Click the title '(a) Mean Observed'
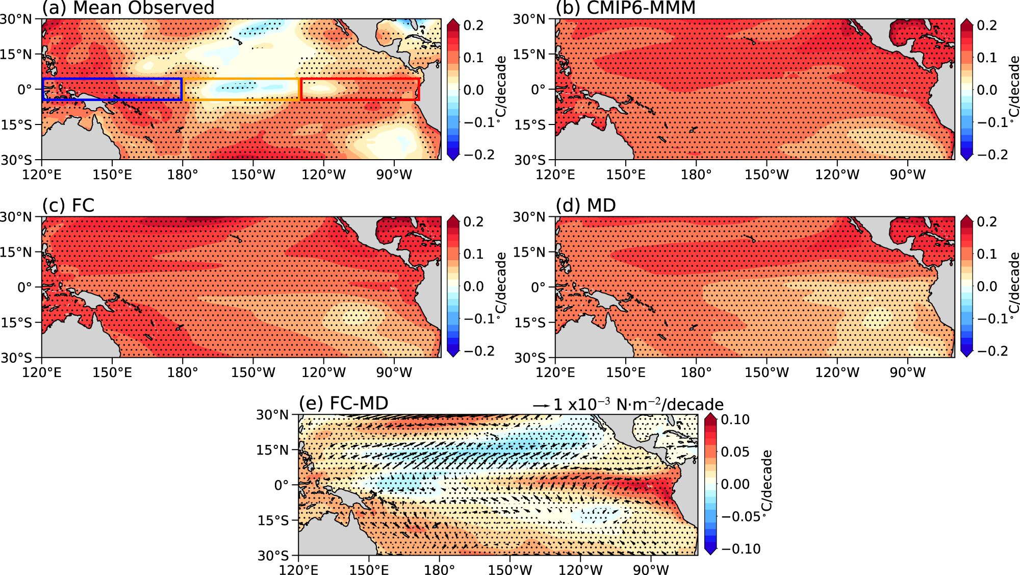(128, 8)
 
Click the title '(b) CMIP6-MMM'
(626, 8)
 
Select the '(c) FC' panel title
(68, 205)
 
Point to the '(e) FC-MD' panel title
(344, 403)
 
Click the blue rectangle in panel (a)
(112, 79)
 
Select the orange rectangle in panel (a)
(241, 79)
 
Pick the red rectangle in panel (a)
(360, 79)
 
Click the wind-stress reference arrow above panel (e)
(541, 406)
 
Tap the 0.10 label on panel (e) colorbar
(735, 419)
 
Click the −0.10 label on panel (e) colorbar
(741, 549)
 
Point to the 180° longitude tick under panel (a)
(183, 174)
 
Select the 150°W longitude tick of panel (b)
(767, 174)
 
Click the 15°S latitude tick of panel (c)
(16, 322)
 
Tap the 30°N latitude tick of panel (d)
(529, 217)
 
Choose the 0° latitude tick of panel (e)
(282, 485)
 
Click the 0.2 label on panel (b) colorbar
(987, 25)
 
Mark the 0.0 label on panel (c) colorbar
(473, 286)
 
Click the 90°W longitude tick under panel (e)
(651, 570)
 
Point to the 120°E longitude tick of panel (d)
(555, 372)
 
